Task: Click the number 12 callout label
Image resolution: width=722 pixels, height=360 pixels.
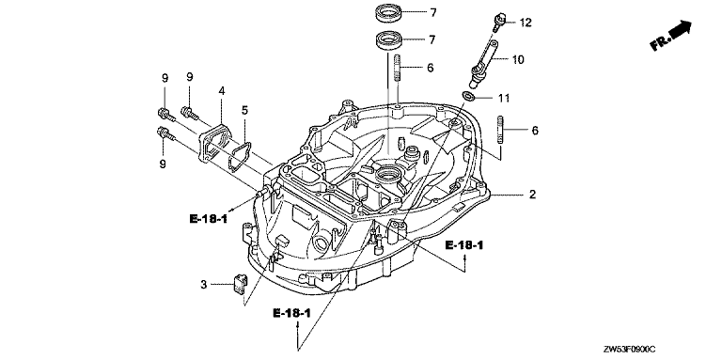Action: tap(526, 23)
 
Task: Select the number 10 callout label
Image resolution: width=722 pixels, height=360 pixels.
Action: tap(518, 60)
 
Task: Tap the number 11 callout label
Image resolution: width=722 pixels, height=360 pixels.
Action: tap(504, 98)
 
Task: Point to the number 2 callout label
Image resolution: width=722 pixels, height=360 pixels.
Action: tap(532, 195)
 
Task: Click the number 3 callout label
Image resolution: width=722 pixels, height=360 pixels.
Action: tap(203, 286)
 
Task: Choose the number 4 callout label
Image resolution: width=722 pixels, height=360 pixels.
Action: tap(222, 91)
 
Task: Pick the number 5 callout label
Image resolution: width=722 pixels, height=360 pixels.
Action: tap(244, 110)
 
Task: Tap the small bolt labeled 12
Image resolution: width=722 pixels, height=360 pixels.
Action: tap(497, 23)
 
